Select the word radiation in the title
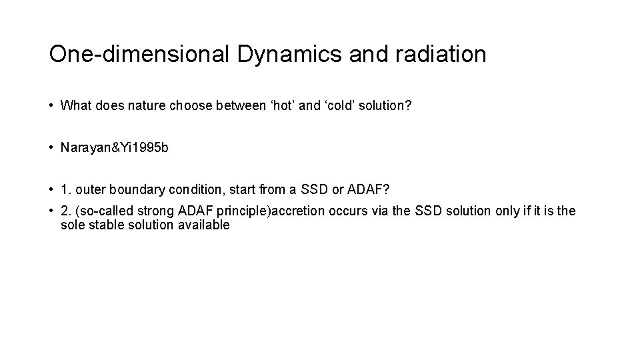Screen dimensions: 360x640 pyautogui.click(x=441, y=54)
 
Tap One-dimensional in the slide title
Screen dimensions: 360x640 pyautogui.click(x=138, y=54)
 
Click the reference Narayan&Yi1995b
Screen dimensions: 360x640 pyautogui.click(x=114, y=147)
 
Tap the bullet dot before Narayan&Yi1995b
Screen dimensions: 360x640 pyautogui.click(x=51, y=147)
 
